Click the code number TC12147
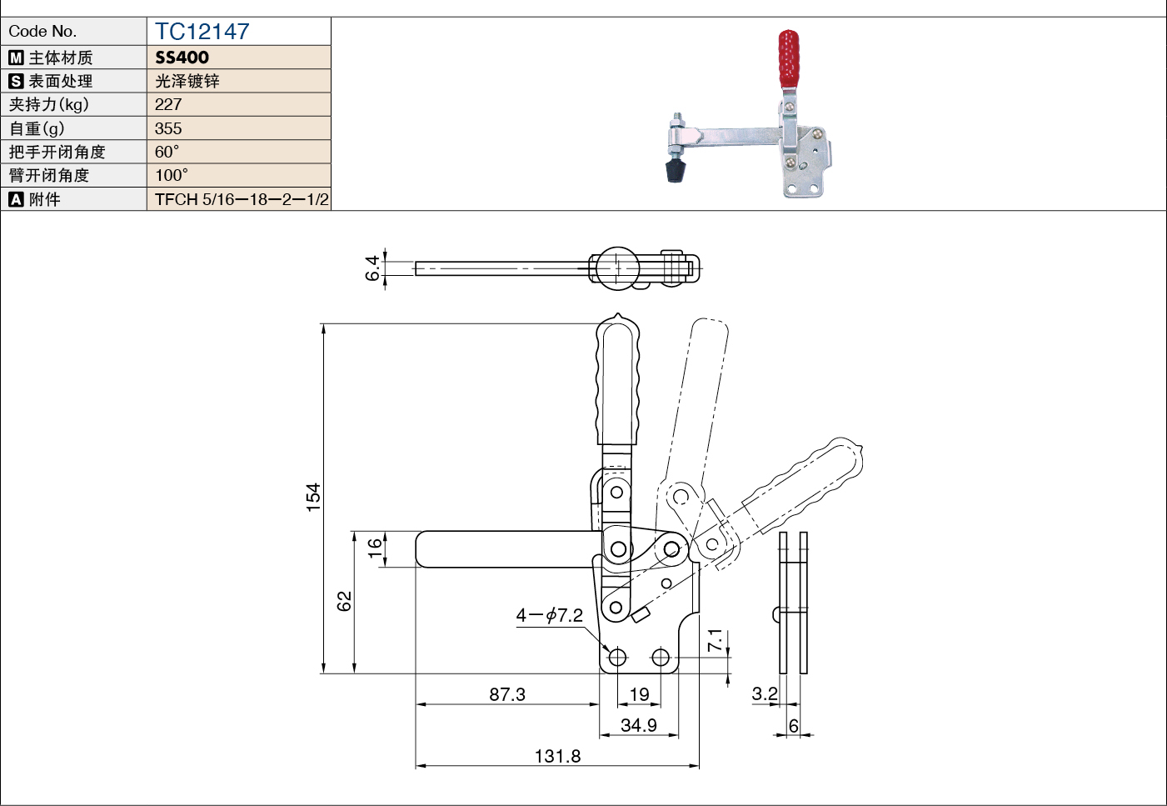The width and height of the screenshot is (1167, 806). tap(202, 32)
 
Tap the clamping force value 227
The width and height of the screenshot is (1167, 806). tap(167, 104)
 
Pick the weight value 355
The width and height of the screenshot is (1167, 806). tap(167, 128)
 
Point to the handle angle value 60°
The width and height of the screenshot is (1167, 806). tap(167, 152)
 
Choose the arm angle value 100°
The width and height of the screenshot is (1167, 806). tap(172, 175)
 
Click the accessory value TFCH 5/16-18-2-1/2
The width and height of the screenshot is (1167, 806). tap(242, 199)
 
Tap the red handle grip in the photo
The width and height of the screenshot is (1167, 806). tap(789, 59)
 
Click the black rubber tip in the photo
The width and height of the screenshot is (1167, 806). tap(676, 172)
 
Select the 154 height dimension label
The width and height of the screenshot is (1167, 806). tap(313, 498)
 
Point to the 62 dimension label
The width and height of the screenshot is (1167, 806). tap(344, 601)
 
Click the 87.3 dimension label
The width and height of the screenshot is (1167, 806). tap(507, 694)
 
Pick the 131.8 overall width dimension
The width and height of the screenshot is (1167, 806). tap(557, 756)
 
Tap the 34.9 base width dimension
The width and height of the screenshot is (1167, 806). tap(639, 725)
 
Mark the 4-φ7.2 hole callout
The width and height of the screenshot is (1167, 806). tap(549, 616)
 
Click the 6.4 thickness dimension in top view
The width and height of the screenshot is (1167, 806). tap(372, 268)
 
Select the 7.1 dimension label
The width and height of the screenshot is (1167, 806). tap(715, 640)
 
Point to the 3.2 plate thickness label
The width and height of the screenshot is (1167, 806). tap(765, 694)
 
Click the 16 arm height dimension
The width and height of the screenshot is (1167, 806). tap(375, 548)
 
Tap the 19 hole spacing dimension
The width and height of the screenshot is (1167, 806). tap(639, 694)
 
